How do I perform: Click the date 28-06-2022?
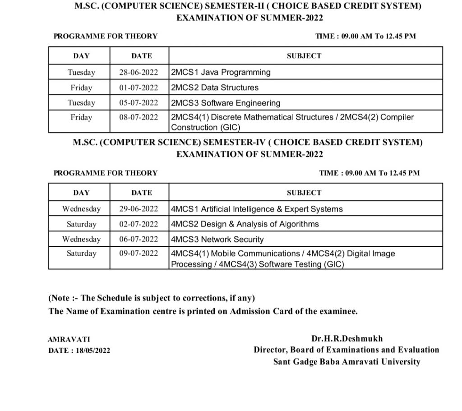click(139, 72)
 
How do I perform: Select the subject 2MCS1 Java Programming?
click(221, 72)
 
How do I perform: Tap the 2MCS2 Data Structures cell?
click(215, 88)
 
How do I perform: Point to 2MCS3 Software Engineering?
click(226, 103)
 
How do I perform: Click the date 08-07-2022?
click(139, 117)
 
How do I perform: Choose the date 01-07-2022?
click(139, 88)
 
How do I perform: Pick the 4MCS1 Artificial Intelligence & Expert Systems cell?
click(257, 209)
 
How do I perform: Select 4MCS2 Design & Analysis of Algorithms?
click(245, 224)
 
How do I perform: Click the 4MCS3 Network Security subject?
click(217, 239)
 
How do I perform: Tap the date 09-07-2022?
click(139, 254)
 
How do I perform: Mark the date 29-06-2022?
click(139, 209)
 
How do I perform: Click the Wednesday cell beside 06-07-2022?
click(81, 239)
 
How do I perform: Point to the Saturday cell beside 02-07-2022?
click(81, 224)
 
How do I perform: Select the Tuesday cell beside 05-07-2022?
click(81, 103)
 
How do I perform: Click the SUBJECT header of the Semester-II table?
click(304, 56)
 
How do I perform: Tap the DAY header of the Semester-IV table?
click(81, 193)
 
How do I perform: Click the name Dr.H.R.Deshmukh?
click(346, 338)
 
